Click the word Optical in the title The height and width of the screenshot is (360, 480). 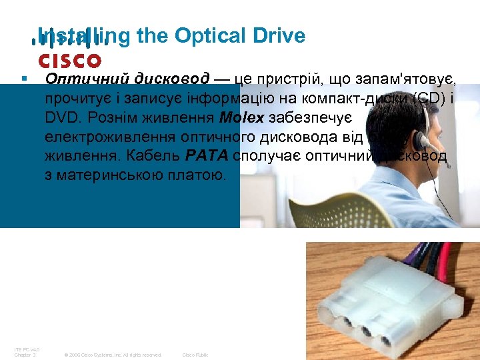pos(203,35)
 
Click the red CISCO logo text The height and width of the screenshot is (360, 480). pos(69,61)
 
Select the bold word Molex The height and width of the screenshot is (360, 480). pos(241,118)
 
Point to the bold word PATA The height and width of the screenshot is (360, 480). pos(207,158)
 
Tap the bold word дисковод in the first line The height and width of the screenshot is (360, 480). pos(171,79)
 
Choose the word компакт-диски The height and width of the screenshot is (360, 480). pos(351,99)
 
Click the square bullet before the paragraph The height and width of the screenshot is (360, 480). pos(23,79)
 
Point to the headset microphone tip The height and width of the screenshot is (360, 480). pos(447,166)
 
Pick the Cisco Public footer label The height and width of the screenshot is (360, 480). pos(195,355)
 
